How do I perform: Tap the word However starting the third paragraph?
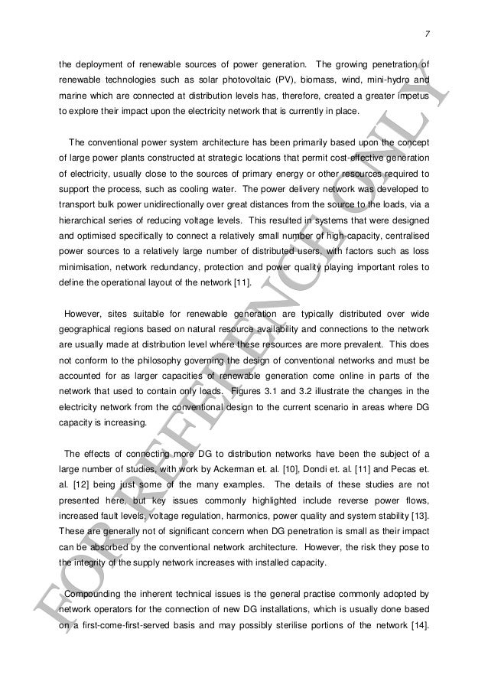[x=83, y=311]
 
